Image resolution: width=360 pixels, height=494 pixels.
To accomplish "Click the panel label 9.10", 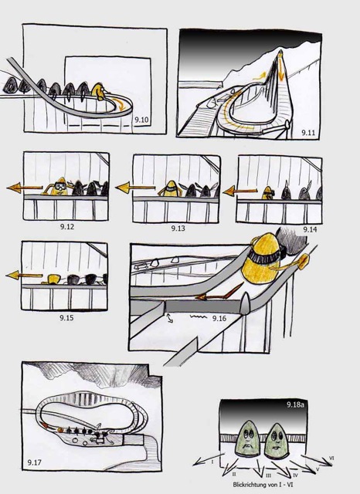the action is tap(141, 120).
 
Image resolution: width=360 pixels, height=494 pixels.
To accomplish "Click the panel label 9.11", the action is tap(308, 132).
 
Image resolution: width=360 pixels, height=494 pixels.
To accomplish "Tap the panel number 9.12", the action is tap(67, 226).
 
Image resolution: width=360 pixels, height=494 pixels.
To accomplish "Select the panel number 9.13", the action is tap(178, 228).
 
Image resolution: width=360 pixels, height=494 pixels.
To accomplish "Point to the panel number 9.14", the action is tap(310, 230).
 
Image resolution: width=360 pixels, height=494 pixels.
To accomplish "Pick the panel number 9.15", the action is tap(66, 317).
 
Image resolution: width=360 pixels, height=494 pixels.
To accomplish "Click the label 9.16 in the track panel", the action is tap(219, 319).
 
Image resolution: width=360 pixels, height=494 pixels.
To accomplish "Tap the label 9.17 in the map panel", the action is tap(34, 462).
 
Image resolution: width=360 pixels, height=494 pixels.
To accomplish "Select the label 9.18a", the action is tap(295, 404).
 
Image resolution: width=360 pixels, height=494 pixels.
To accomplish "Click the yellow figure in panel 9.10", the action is tap(99, 91).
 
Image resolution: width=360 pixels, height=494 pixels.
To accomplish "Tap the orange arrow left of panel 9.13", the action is tap(135, 188).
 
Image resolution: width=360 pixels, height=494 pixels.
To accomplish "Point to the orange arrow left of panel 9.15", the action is tap(24, 276).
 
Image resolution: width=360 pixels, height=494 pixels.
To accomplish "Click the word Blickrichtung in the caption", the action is tap(247, 485).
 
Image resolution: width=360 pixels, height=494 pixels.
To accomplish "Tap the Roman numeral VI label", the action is tap(331, 458).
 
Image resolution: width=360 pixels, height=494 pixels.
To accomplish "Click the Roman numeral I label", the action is tap(212, 462).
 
